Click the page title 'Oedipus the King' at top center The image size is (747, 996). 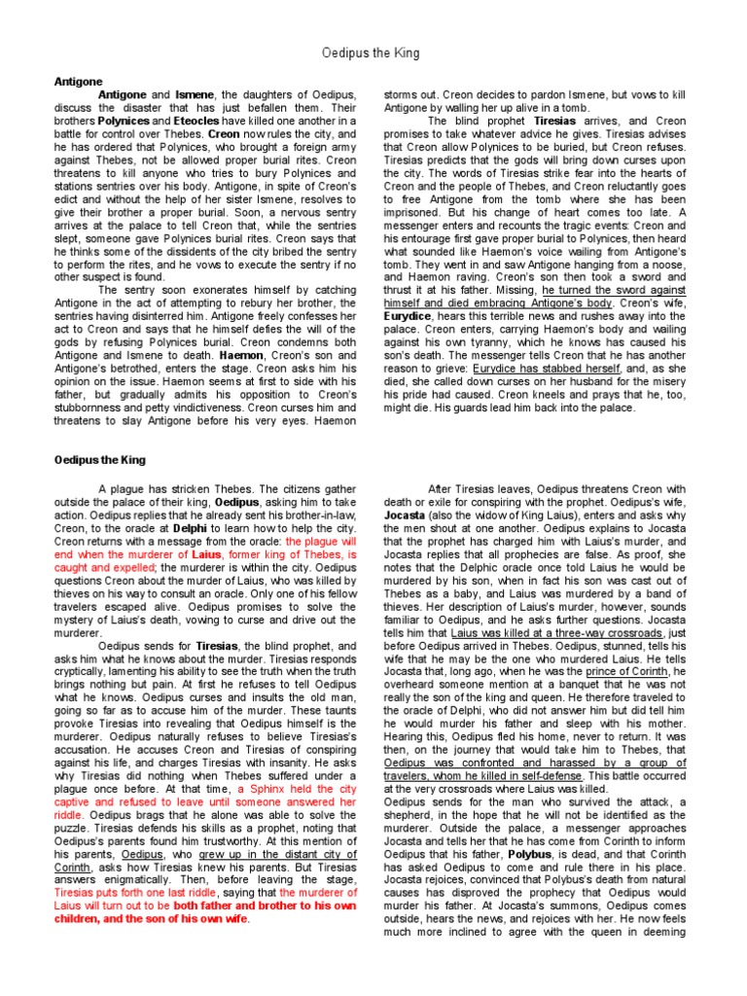coord(372,53)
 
